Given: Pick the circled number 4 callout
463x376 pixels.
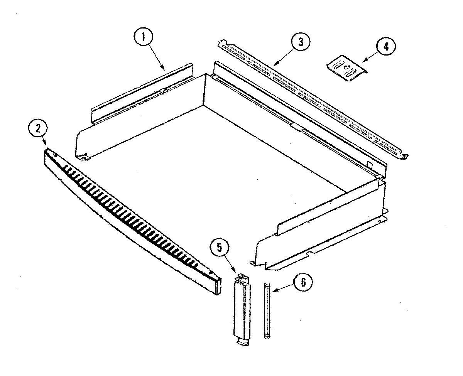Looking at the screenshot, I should click(x=386, y=47).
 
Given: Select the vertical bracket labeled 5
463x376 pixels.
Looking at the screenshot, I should click(x=241, y=309).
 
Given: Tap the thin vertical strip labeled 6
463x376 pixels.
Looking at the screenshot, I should click(x=266, y=310).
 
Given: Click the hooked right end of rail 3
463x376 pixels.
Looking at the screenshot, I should click(x=404, y=156).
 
